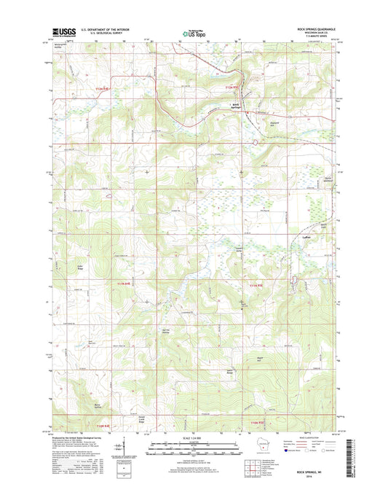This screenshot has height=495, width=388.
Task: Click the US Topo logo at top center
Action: point(194,32)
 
